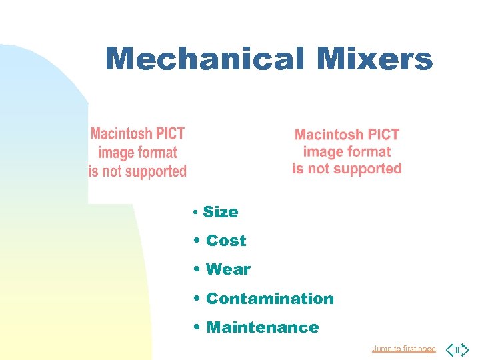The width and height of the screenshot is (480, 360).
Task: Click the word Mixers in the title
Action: (x=375, y=59)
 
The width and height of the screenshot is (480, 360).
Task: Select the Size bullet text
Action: (x=221, y=212)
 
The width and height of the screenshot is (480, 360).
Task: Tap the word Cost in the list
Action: (x=226, y=241)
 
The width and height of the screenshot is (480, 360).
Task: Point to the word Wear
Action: (x=228, y=269)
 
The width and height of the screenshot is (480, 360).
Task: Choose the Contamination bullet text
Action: (x=270, y=299)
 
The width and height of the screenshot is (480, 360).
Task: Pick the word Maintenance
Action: (x=263, y=327)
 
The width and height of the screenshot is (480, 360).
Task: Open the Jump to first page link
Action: (x=404, y=349)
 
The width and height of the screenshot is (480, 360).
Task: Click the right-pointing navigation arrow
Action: (x=464, y=349)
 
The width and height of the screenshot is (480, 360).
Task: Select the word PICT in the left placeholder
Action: (x=171, y=133)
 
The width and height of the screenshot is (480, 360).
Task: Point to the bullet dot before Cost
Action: (x=198, y=241)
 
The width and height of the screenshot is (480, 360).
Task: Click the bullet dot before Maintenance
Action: (x=198, y=327)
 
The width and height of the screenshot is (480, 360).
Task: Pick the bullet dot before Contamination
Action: (x=198, y=299)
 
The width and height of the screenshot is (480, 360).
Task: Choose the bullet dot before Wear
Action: (x=198, y=269)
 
